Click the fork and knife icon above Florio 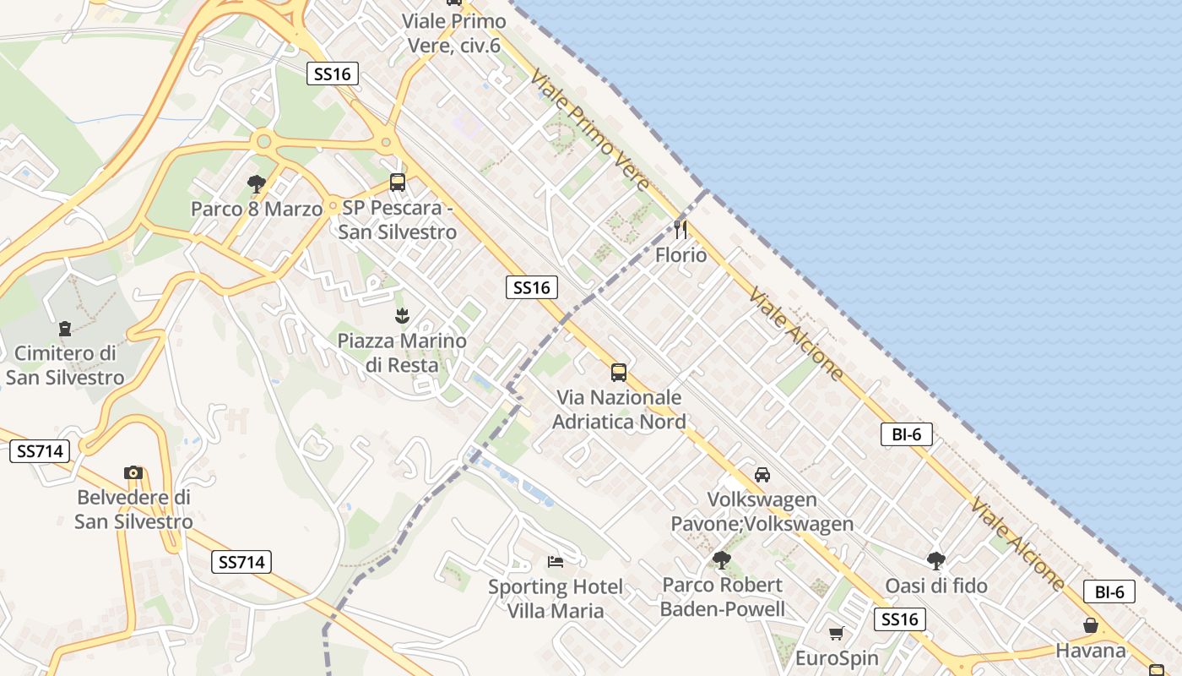680,229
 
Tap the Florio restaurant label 680,254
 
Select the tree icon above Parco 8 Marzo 256,183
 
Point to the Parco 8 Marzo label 256,209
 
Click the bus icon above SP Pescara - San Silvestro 397,182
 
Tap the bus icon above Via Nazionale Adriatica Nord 619,372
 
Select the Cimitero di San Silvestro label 65,365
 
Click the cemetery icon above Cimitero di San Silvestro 65,328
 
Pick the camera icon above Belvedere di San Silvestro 133,472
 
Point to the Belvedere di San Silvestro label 133,510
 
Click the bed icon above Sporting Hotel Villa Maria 555,561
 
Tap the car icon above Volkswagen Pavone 762,474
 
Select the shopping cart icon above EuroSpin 837,633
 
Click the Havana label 1091,651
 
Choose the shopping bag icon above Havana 1091,625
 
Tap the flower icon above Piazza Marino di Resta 402,316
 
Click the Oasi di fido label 935,586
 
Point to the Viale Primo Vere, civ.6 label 454,33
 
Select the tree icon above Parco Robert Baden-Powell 722,559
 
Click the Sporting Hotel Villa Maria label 556,598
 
